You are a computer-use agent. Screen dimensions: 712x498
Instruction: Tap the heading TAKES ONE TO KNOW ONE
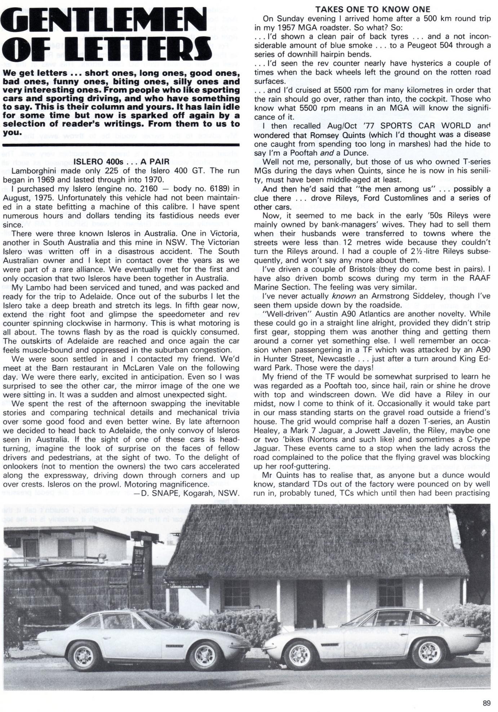[373, 9]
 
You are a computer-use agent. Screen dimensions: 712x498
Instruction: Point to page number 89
[486, 703]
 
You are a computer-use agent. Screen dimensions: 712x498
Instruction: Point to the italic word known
[344, 296]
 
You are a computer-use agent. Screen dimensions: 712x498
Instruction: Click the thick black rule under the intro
[121, 145]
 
